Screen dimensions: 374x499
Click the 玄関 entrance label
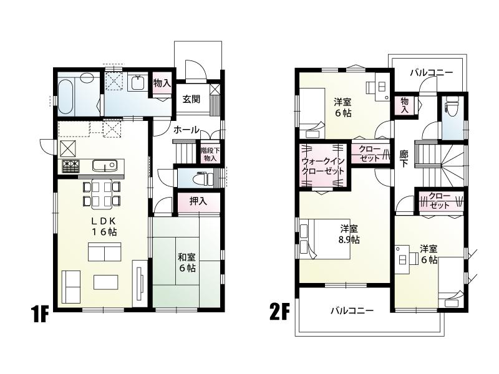tap(191, 98)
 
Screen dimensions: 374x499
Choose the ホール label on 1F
tap(186, 130)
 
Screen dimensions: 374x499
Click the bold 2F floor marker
tap(279, 310)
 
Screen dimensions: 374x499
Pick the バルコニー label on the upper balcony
tap(432, 72)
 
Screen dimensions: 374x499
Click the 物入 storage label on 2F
tap(405, 104)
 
